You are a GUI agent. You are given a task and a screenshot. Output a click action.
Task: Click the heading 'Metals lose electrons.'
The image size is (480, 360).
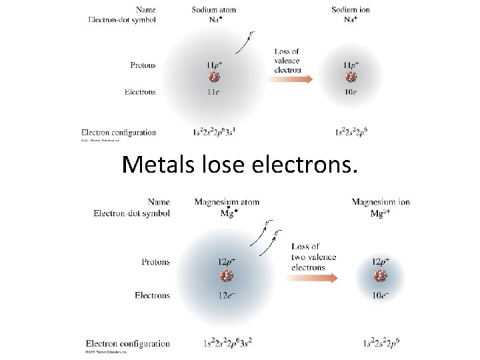point(240,164)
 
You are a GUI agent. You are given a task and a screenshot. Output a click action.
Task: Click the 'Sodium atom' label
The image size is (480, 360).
point(213,10)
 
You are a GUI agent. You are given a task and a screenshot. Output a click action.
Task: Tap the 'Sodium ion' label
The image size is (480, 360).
point(351,10)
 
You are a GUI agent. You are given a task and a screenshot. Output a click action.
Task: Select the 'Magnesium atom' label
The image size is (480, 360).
point(227,202)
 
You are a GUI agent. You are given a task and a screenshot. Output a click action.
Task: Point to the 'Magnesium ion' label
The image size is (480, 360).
point(381,202)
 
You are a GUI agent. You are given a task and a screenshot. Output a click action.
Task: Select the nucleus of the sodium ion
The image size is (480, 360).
point(351,79)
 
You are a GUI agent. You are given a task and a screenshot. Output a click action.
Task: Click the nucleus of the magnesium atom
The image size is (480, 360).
point(227,275)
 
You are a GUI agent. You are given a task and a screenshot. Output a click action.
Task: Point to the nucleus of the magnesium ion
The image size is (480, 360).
point(381,275)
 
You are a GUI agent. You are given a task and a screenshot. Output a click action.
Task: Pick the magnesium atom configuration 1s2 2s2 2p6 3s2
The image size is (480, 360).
point(227,343)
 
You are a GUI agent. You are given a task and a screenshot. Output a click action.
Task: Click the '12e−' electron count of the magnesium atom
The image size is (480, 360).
point(227,295)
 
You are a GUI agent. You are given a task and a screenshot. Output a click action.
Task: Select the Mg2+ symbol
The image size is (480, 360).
point(381,213)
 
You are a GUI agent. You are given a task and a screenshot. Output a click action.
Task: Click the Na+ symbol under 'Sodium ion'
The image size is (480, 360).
point(351,20)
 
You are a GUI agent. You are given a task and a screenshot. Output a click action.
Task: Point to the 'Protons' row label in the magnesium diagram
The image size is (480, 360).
point(155,262)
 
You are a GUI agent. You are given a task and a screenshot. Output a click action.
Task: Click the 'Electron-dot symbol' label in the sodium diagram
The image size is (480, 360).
point(122,20)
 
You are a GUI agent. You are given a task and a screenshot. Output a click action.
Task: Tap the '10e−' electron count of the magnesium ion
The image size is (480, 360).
point(381,295)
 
